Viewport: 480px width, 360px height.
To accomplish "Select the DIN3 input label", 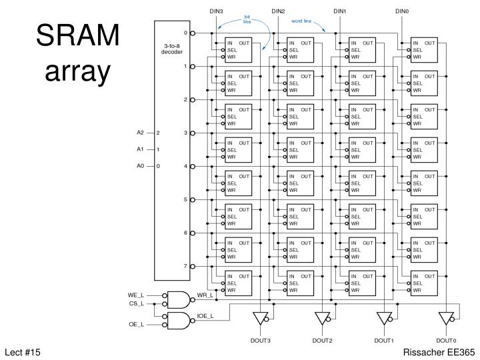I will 216,11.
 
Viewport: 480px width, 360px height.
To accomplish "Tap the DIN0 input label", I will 402,11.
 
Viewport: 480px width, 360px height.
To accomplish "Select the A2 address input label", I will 141,133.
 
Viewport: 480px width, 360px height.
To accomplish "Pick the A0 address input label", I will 141,166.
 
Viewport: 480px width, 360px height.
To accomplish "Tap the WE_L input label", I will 136,294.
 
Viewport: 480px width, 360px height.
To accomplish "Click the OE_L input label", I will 136,325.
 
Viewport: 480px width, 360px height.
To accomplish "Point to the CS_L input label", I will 136,303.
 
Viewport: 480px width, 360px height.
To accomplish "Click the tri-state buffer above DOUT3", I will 260,317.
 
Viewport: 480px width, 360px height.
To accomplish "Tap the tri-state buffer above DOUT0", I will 445,317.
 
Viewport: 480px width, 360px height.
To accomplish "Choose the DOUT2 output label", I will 322,340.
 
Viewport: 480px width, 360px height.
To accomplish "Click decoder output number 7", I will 185,266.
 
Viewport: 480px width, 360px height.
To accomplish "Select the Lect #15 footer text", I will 23,351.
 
